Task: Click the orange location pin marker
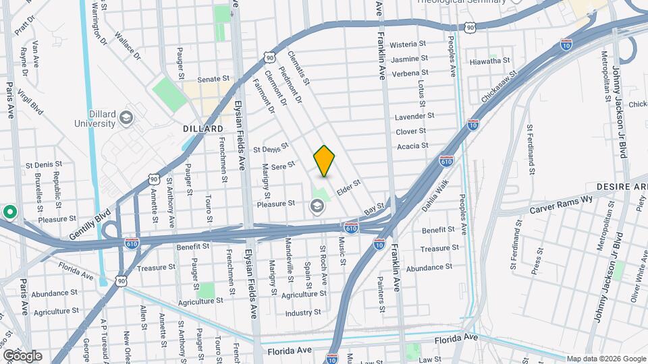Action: (324, 160)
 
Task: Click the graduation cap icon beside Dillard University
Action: (126, 119)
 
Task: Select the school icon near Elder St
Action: (316, 206)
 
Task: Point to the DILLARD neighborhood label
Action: (202, 129)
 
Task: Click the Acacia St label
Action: (412, 146)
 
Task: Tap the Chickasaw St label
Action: (499, 87)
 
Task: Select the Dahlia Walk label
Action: (435, 200)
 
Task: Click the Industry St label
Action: (302, 313)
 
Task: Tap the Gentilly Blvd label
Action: (90, 226)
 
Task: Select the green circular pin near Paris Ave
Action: (9, 212)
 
